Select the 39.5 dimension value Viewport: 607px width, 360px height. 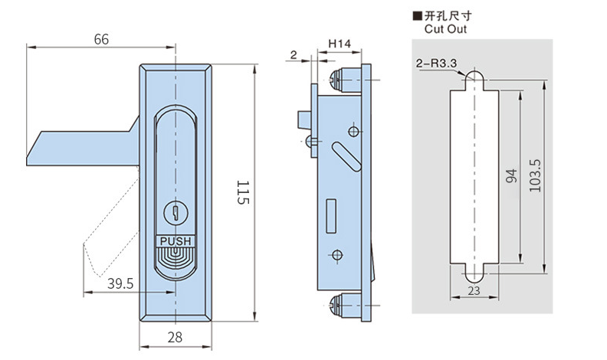pyautogui.click(x=120, y=283)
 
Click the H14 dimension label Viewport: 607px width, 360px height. pyautogui.click(x=340, y=44)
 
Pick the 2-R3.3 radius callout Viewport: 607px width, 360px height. pyautogui.click(x=436, y=63)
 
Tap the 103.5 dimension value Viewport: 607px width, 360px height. pyautogui.click(x=535, y=176)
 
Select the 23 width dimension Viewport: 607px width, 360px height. pyautogui.click(x=473, y=290)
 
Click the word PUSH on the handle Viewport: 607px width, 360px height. pyautogui.click(x=176, y=241)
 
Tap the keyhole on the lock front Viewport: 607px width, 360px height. pyautogui.click(x=176, y=212)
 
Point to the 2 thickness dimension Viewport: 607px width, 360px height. pyautogui.click(x=293, y=54)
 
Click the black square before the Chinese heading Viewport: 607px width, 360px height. pyautogui.click(x=417, y=15)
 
